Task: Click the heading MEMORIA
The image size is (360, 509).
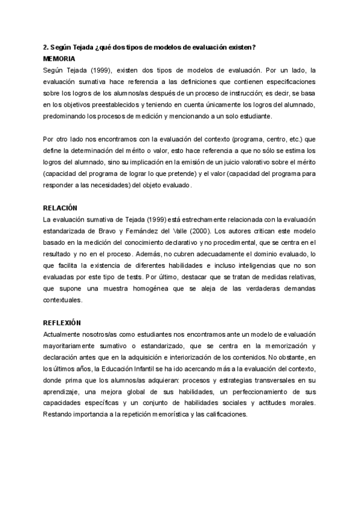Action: click(59, 59)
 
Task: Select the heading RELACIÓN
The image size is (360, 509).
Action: click(61, 207)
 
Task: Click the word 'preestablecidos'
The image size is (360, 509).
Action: click(95, 104)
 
